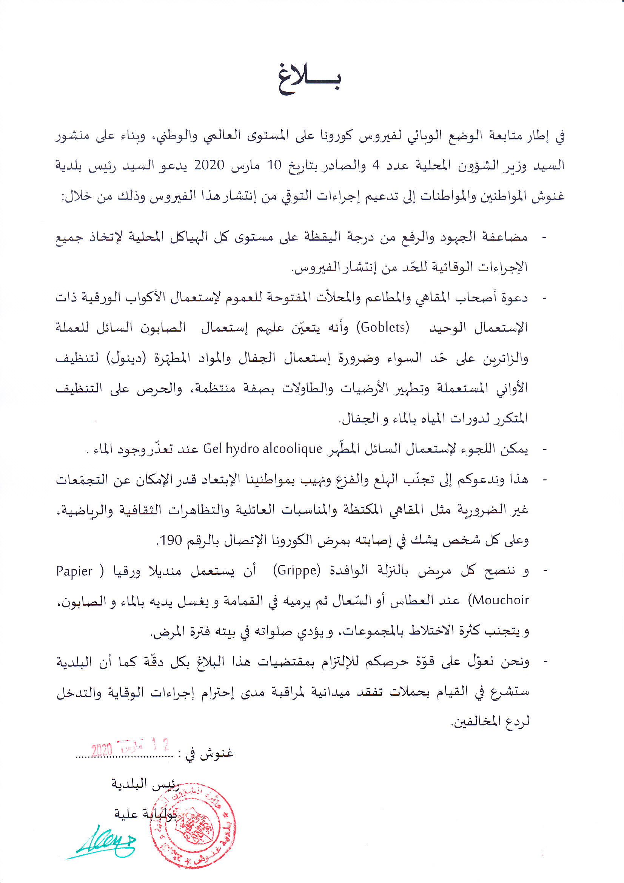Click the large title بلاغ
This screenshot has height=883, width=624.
tap(310, 80)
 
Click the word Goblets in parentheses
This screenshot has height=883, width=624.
tap(383, 327)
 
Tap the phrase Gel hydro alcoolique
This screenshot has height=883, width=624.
tap(262, 449)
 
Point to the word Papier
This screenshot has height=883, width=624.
tap(74, 571)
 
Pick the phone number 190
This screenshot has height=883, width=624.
tap(171, 540)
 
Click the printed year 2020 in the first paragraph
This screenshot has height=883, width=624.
tap(209, 165)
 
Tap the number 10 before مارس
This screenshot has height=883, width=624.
tap(274, 165)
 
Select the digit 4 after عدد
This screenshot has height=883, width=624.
tap(376, 165)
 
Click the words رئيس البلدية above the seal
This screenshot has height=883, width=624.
tap(145, 785)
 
